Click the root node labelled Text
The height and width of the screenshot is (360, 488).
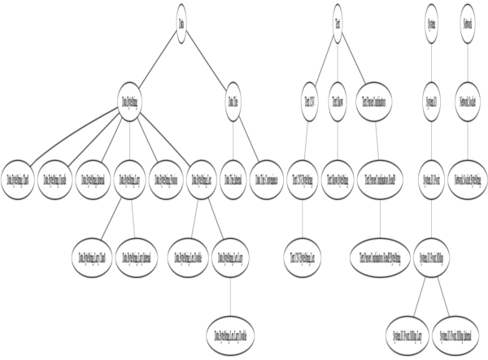click(x=338, y=19)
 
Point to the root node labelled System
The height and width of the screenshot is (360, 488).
click(x=432, y=19)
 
